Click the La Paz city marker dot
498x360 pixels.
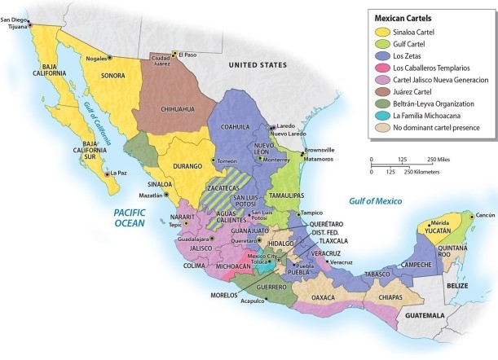point(108,173)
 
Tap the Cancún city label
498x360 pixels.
point(485,215)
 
